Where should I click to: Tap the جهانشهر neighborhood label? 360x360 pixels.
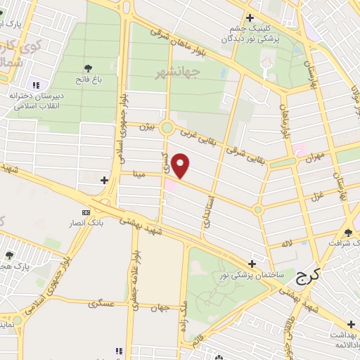200,72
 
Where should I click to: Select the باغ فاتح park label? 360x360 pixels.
90,80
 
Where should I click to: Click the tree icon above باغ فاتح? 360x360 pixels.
89,68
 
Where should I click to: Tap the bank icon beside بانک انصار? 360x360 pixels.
86,212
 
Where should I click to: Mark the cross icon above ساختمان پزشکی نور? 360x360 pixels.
252,263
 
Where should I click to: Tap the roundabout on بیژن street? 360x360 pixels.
167,127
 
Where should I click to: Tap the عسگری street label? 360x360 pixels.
101,304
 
